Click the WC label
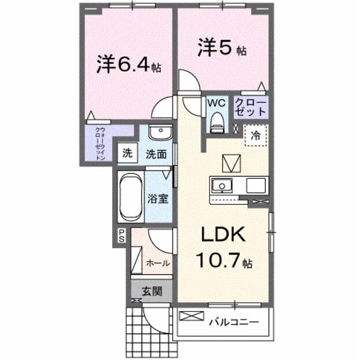pyautogui.click(x=216, y=102)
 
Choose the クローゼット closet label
pyautogui.click(x=251, y=108)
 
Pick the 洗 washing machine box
pyautogui.click(x=126, y=154)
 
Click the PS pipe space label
pyautogui.click(x=122, y=234)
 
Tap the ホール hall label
pyautogui.click(x=157, y=263)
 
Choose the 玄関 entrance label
pyautogui.click(x=152, y=290)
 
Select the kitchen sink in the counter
pyautogui.click(x=221, y=185)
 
